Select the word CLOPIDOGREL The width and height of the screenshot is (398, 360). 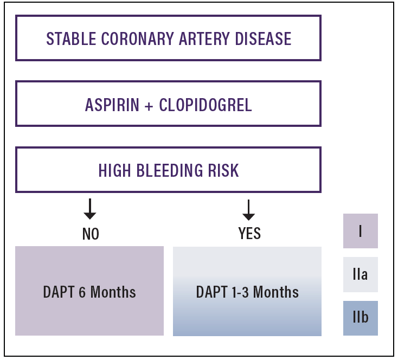click(206, 105)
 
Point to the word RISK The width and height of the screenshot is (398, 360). click(223, 170)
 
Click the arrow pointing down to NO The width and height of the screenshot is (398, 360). click(91, 209)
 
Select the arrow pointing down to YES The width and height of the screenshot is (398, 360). click(249, 209)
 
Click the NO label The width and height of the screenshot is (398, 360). click(91, 234)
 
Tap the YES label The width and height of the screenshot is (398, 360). click(249, 234)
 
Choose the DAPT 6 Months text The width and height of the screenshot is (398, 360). click(89, 292)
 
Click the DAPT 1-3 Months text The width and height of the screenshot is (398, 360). click(247, 292)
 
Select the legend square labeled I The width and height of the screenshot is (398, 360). click(361, 231)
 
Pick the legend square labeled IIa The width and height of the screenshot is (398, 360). click(361, 274)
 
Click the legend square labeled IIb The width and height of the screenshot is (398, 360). click(361, 318)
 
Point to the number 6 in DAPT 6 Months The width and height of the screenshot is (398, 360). click(82, 292)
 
